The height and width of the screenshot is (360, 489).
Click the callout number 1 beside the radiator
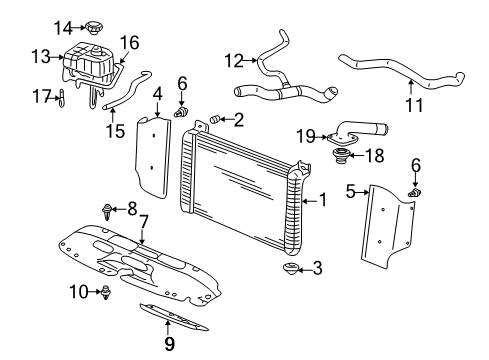pyautogui.click(x=322, y=200)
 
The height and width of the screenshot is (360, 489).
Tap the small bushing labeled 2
pyautogui.click(x=213, y=121)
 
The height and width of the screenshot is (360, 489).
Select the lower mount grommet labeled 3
pyautogui.click(x=290, y=269)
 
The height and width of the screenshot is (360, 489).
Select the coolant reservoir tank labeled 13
pyautogui.click(x=86, y=61)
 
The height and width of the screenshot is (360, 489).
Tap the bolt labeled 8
pyautogui.click(x=106, y=210)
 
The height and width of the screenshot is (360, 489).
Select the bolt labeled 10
pyautogui.click(x=106, y=292)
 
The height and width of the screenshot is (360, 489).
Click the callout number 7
pyautogui.click(x=144, y=219)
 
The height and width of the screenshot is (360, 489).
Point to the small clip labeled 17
pyautogui.click(x=63, y=97)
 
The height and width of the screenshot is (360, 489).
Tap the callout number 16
pyautogui.click(x=130, y=41)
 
